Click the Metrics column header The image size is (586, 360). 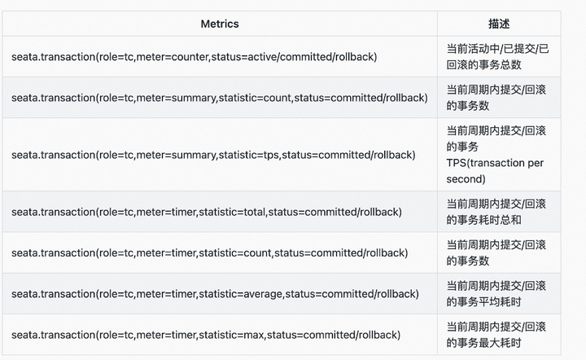coord(220,24)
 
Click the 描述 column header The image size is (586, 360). coord(499,24)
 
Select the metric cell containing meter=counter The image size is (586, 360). coord(194,56)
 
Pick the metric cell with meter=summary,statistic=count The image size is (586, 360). coord(219,98)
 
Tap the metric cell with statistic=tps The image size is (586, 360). coord(213,155)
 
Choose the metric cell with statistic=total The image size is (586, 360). coord(207,212)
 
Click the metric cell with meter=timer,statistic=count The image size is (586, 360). coord(209,252)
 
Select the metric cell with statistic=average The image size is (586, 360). coord(215,293)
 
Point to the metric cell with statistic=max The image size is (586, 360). coord(206,334)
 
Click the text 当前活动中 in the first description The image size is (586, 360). coord(471,48)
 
